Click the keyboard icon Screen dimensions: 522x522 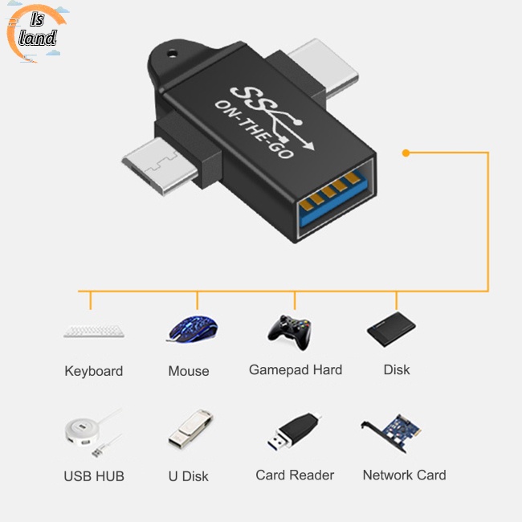tap(93, 331)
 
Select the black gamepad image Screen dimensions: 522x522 tap(289, 330)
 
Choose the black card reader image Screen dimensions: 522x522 tap(293, 432)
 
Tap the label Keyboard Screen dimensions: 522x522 tap(94, 371)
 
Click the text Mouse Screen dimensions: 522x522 tap(189, 371)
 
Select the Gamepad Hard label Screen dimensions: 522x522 tap(296, 370)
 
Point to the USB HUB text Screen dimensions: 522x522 tap(94, 476)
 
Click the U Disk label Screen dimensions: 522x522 tap(189, 476)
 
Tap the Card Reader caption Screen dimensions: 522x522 tap(295, 475)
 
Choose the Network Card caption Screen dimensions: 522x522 tap(404, 475)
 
